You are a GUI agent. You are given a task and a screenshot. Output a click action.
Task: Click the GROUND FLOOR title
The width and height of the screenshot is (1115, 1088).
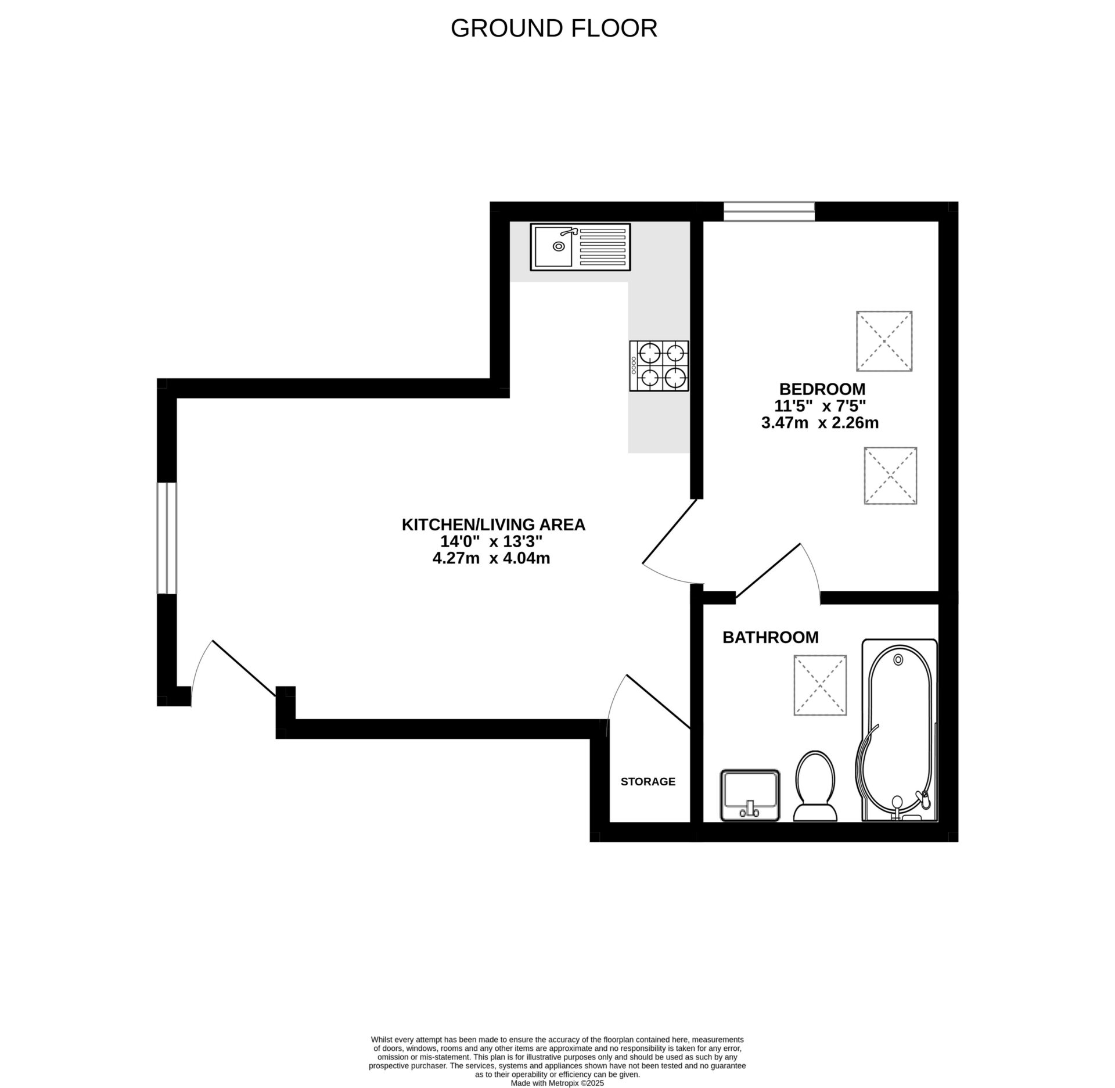553,28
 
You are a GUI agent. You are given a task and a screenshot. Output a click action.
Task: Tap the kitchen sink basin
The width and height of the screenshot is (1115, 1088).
553,246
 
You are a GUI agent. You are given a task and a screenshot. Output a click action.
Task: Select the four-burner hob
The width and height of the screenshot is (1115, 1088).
659,366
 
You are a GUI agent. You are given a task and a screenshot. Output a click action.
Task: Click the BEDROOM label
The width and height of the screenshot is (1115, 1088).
822,389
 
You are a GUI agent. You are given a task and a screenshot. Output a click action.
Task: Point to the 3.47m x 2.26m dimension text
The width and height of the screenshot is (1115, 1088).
819,423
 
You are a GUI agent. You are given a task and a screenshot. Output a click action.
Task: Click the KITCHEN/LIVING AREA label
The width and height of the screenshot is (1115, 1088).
494,525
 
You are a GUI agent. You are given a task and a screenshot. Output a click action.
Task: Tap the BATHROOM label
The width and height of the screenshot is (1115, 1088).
770,638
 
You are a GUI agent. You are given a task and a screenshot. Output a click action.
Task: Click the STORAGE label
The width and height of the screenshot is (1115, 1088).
648,782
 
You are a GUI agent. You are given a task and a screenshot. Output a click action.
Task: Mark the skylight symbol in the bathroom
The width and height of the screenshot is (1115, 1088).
820,685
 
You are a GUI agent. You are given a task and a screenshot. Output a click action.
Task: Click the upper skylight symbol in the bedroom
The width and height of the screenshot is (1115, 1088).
884,341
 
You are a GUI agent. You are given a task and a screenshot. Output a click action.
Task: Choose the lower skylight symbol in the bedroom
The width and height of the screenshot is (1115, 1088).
890,475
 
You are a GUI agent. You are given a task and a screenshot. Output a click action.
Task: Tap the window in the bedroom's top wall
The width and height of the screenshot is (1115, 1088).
769,211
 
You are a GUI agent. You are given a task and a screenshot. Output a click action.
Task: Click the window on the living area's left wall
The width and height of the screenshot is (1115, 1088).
167,538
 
